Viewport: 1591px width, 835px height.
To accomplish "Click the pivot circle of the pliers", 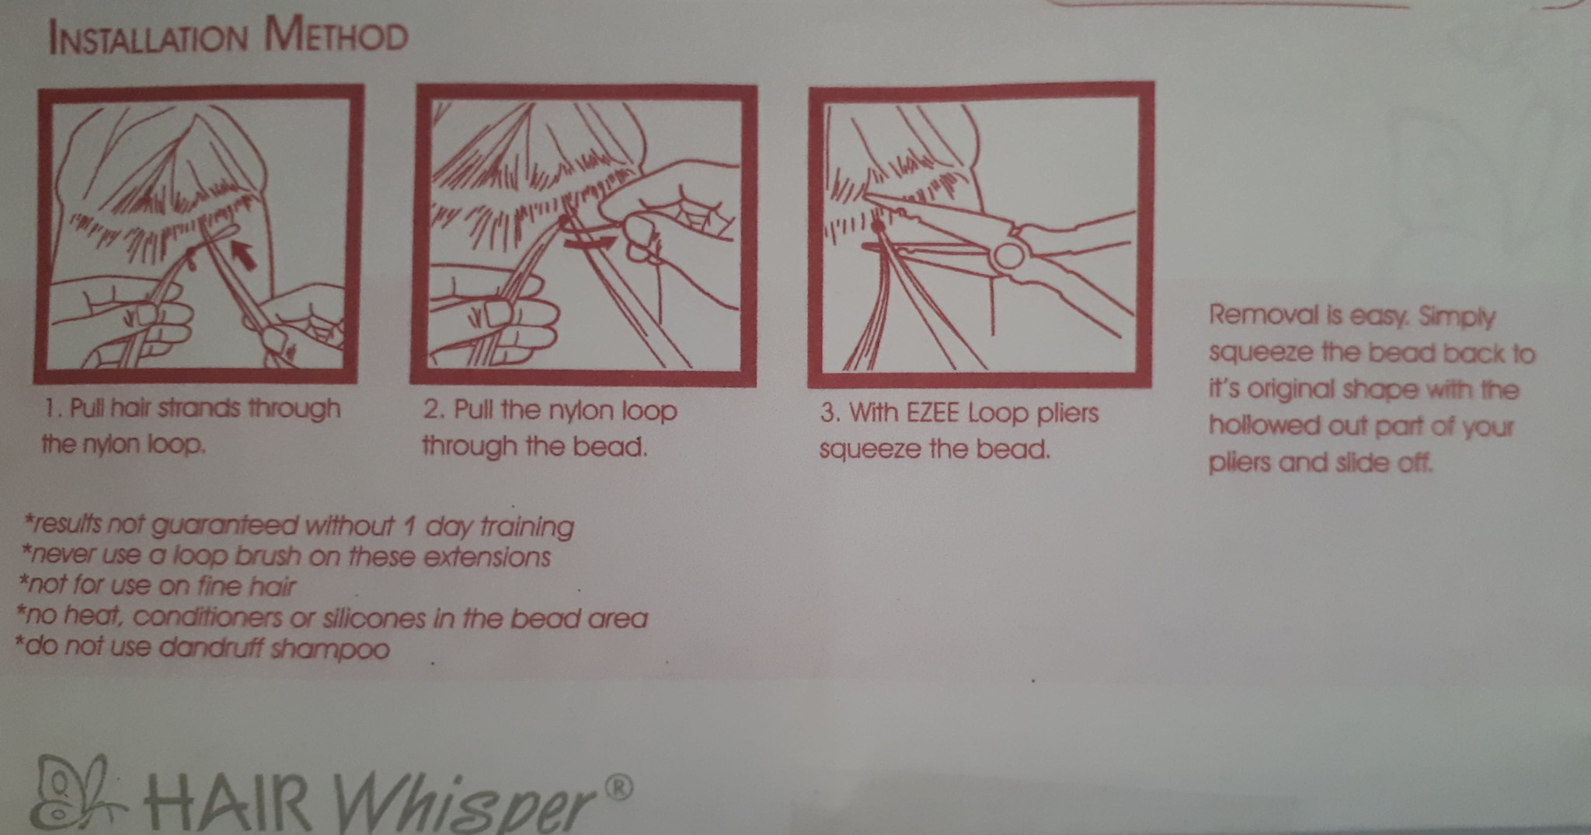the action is pyautogui.click(x=1008, y=256).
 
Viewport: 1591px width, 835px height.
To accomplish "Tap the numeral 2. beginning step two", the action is pyautogui.click(x=434, y=410).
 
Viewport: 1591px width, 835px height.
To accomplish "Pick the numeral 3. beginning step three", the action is pyautogui.click(x=831, y=412).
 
